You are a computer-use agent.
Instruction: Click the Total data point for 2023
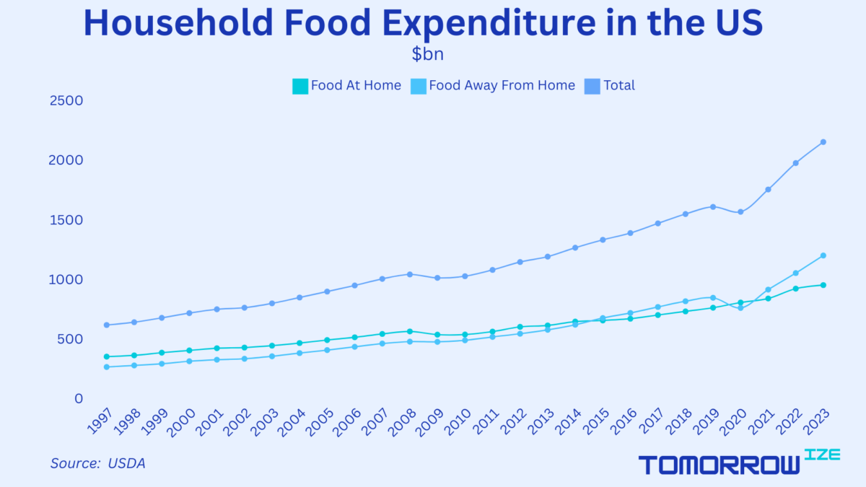coord(823,142)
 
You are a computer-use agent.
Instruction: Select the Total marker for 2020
coord(740,211)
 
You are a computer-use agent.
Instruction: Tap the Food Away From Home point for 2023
coord(823,255)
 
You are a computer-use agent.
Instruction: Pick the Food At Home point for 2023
coord(823,285)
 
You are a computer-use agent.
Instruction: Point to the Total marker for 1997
coord(107,325)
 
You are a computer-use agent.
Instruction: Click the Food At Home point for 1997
coord(107,356)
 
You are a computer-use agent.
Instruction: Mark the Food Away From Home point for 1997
coord(107,367)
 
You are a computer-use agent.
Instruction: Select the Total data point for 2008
coord(409,274)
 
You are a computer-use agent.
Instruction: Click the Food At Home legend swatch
coord(299,86)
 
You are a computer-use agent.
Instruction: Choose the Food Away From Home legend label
coord(502,86)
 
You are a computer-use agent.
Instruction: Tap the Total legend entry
coord(618,86)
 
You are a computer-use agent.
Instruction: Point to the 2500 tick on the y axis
coord(66,100)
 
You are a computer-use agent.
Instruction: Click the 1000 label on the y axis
coord(66,279)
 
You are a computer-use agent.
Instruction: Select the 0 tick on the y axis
coord(79,398)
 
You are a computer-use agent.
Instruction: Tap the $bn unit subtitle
coord(427,55)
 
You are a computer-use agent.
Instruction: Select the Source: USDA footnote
coord(97,463)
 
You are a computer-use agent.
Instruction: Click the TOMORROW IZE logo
coord(729,463)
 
